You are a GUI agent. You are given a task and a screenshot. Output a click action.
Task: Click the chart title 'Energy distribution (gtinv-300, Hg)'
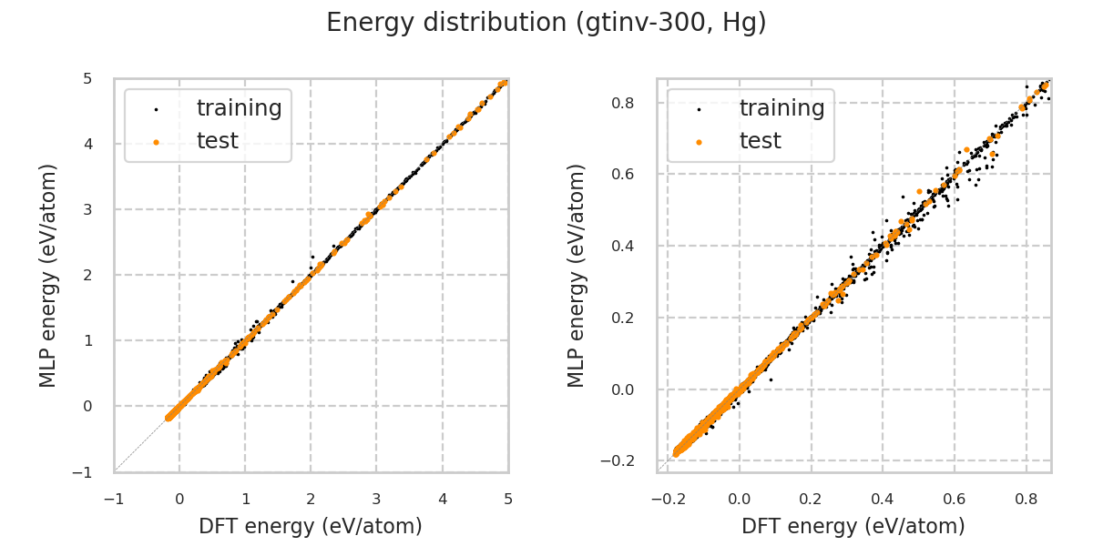[546, 23]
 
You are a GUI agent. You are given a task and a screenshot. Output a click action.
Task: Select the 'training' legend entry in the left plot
[239, 108]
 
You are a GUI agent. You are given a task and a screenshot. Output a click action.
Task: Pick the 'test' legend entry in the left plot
[218, 141]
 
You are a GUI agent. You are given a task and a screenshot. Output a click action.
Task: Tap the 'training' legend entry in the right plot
[781, 108]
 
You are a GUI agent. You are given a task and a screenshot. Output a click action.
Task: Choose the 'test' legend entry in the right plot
[761, 141]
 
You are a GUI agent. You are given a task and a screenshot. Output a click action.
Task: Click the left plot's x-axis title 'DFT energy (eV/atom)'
[311, 526]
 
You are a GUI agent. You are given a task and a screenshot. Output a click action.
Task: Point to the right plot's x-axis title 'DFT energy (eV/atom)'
[853, 526]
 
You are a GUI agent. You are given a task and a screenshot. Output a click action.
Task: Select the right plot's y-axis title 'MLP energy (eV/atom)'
[577, 275]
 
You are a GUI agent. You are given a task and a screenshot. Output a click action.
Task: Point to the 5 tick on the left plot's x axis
[508, 499]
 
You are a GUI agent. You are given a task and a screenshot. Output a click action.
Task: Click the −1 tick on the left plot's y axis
[87, 471]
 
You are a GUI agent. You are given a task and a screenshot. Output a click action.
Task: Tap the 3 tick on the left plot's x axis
[376, 499]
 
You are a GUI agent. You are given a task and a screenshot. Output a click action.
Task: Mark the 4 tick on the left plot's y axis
[87, 144]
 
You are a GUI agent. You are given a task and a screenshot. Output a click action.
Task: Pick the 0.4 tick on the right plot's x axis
[883, 499]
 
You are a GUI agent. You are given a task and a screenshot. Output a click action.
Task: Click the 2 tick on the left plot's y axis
[87, 275]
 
